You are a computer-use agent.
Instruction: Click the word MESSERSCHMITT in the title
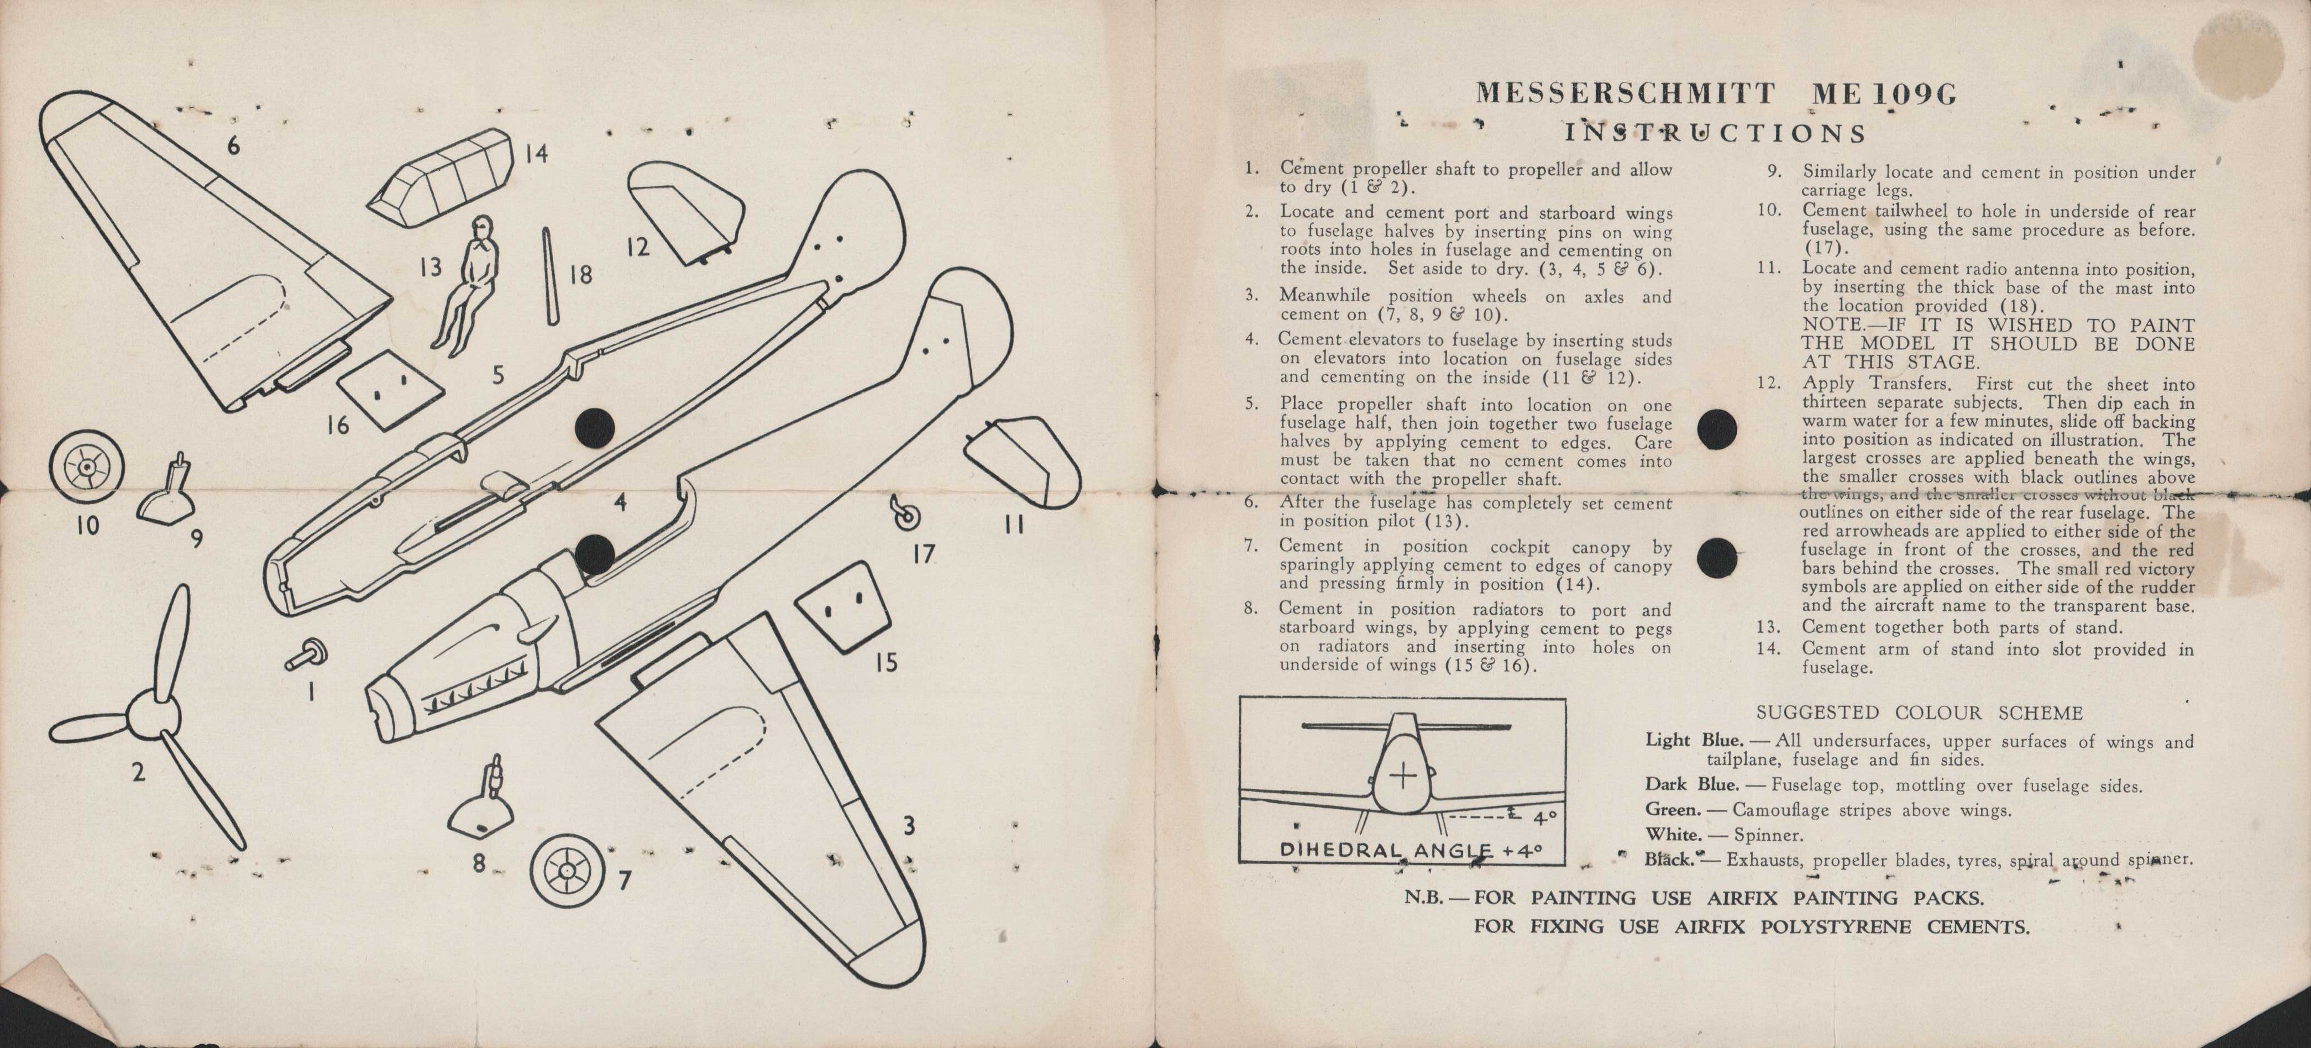[x=1624, y=93]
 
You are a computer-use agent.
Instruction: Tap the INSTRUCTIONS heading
[x=1715, y=134]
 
